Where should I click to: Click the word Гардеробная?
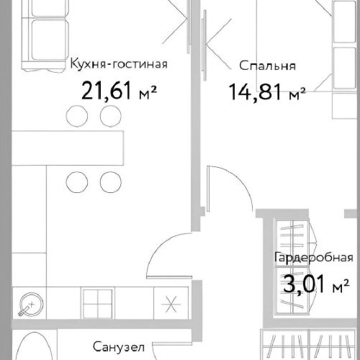pyautogui.click(x=313, y=258)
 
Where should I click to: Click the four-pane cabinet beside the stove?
pyautogui.click(x=95, y=302)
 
